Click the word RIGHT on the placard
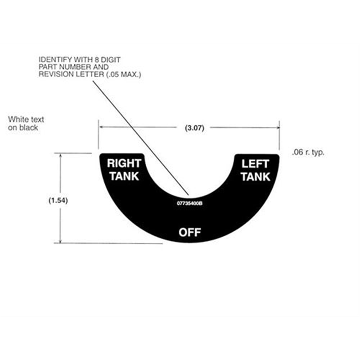pos(124,163)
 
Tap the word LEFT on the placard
pos(255,164)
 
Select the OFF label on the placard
pos(189,232)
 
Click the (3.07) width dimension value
pos(194,128)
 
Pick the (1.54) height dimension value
pos(58,201)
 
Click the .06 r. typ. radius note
pos(308,153)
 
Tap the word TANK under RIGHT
pos(124,176)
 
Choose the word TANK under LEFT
pos(255,176)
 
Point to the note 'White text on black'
pos(26,123)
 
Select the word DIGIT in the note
pos(110,59)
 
